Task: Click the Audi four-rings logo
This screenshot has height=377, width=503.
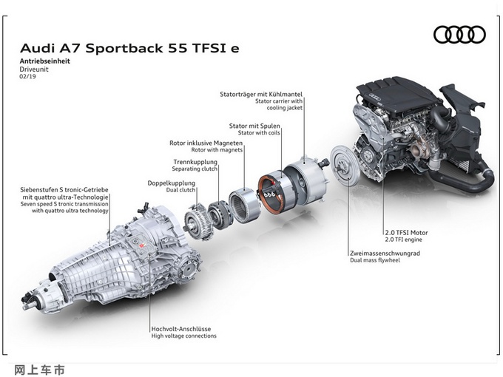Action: (x=459, y=35)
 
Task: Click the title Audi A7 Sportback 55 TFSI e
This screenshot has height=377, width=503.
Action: (x=129, y=48)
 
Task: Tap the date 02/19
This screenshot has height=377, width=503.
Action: (x=27, y=77)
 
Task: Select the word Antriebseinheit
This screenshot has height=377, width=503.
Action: (x=44, y=61)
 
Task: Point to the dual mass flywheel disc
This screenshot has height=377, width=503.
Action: (x=345, y=165)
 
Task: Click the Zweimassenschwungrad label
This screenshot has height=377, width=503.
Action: (x=385, y=253)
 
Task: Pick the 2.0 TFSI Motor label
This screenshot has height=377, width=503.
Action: (x=406, y=232)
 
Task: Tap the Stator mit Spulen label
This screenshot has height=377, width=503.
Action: (x=254, y=126)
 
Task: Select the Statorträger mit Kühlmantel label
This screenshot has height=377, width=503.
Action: (x=261, y=95)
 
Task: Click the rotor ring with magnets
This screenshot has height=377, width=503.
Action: (x=244, y=206)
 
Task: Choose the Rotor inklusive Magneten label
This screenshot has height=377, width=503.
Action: (x=206, y=143)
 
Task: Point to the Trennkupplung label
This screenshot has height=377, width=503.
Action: (x=195, y=162)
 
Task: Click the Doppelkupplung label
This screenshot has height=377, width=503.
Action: (x=172, y=183)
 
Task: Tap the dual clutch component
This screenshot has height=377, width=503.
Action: (x=198, y=222)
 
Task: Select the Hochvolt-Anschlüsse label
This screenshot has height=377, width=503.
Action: (x=181, y=329)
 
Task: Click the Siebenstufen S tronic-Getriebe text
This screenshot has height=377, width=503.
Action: (x=64, y=190)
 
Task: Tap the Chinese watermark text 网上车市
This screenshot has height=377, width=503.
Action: (x=39, y=370)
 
